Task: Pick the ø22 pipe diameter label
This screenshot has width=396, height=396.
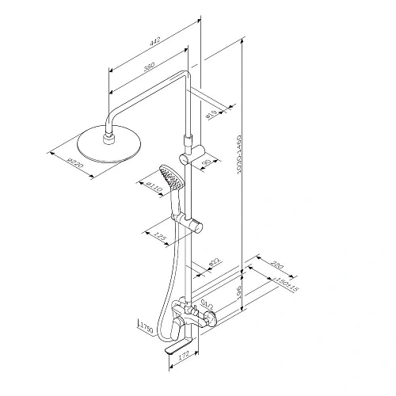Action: [x=214, y=262]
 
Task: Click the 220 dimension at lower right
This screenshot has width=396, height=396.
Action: [x=277, y=267]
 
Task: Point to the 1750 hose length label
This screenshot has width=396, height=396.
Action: [x=144, y=326]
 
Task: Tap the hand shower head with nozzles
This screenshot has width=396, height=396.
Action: [x=169, y=175]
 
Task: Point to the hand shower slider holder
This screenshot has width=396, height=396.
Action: [x=190, y=219]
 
